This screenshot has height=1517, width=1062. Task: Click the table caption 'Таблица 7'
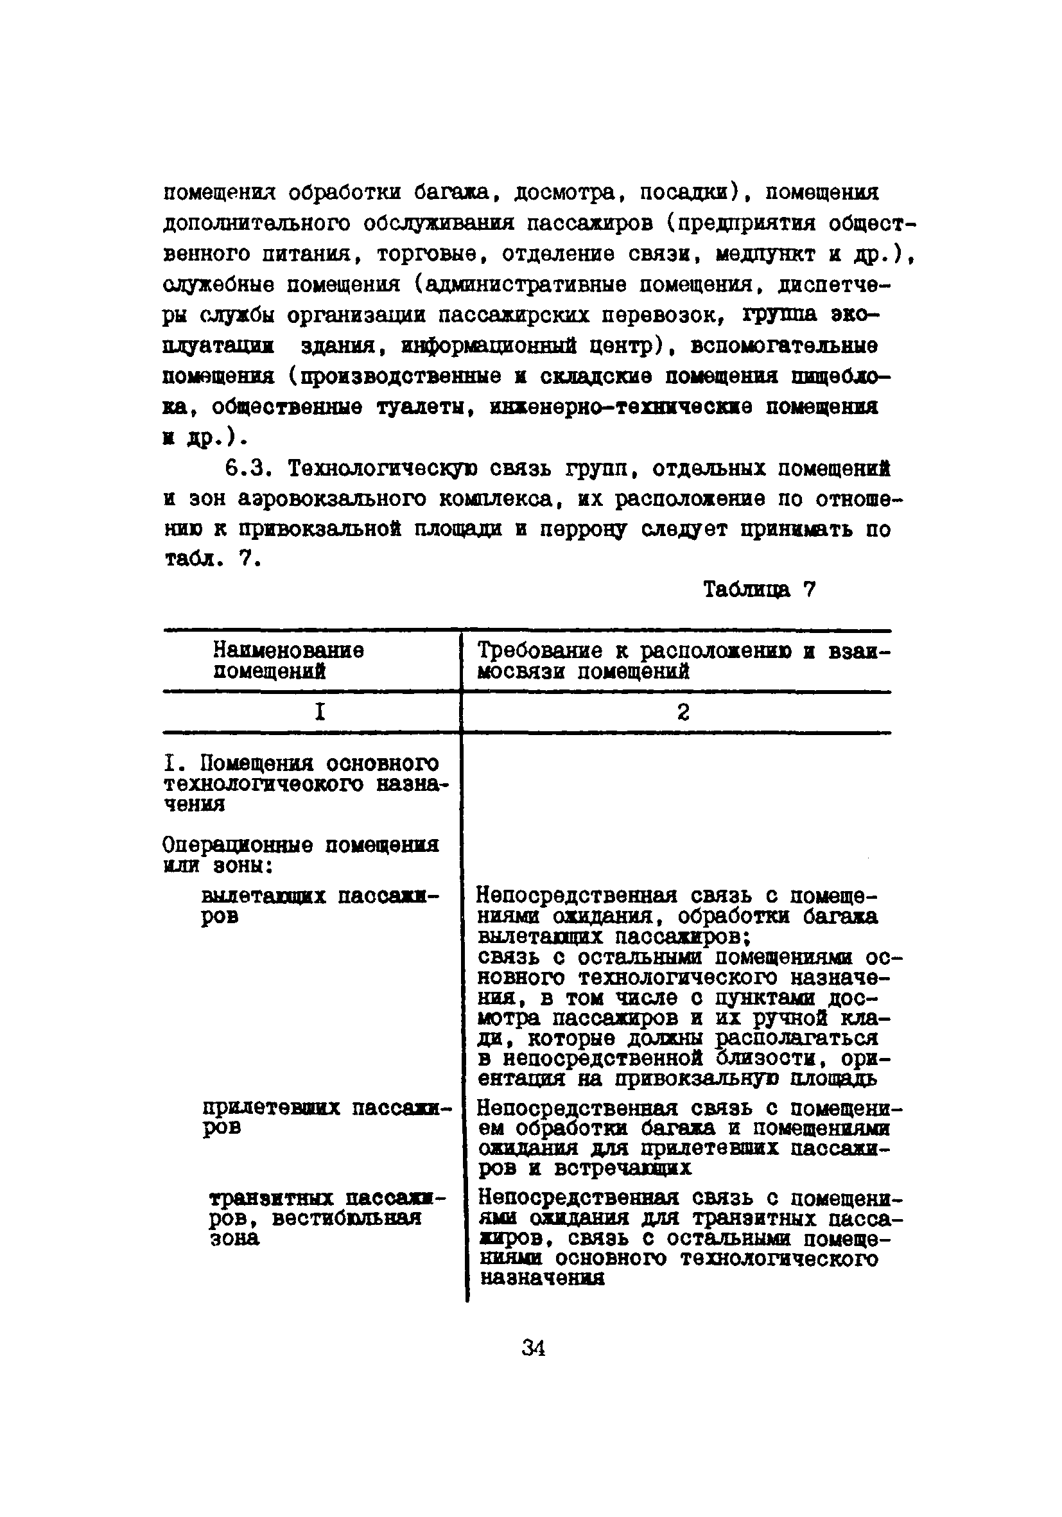[x=760, y=589]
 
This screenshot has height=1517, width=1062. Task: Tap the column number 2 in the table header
[x=683, y=711]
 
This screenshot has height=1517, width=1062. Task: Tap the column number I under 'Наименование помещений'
[x=320, y=711]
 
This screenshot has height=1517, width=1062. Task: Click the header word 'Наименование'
[x=288, y=651]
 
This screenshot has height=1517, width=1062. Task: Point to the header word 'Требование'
[x=539, y=651]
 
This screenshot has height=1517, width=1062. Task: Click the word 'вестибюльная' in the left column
[x=346, y=1218]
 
